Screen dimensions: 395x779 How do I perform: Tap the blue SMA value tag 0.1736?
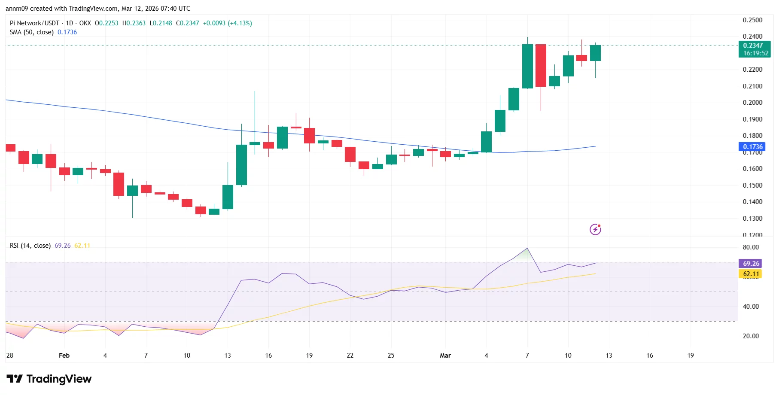752,147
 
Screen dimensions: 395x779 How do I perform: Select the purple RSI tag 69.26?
751,264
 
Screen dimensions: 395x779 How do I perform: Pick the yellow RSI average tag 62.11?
751,274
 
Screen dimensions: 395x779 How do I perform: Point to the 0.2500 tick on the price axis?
752,20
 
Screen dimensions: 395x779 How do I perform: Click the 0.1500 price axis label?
752,185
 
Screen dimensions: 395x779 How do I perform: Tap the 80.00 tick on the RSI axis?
751,247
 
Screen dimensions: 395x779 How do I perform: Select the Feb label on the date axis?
64,355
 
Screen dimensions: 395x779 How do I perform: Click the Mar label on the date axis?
445,355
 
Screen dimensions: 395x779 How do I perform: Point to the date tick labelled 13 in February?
228,355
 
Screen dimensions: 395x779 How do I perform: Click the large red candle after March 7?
541,65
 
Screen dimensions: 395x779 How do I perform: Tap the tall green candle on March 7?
527,66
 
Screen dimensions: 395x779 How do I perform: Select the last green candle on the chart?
595,53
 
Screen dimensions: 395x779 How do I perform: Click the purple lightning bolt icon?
595,229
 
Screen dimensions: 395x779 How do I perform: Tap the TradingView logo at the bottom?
49,379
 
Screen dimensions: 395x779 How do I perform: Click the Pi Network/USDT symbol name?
34,23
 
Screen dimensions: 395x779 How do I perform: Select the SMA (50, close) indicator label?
31,32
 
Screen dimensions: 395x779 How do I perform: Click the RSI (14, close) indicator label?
30,246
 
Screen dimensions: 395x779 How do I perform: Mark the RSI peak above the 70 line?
527,249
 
